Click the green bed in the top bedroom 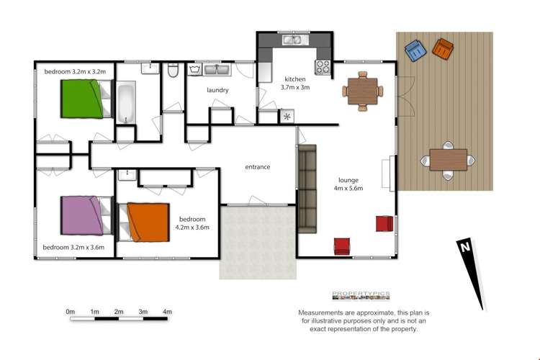(81, 99)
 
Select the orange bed (148, 222)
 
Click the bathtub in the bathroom (127, 103)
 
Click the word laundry (217, 90)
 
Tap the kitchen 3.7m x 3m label (295, 83)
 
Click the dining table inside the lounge (359, 91)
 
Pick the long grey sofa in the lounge (307, 189)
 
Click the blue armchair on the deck (415, 51)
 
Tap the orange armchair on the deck (442, 50)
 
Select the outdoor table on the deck (448, 159)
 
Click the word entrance (257, 167)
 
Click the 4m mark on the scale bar (167, 312)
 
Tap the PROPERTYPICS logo (361, 294)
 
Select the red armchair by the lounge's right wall (384, 224)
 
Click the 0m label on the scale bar (70, 312)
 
